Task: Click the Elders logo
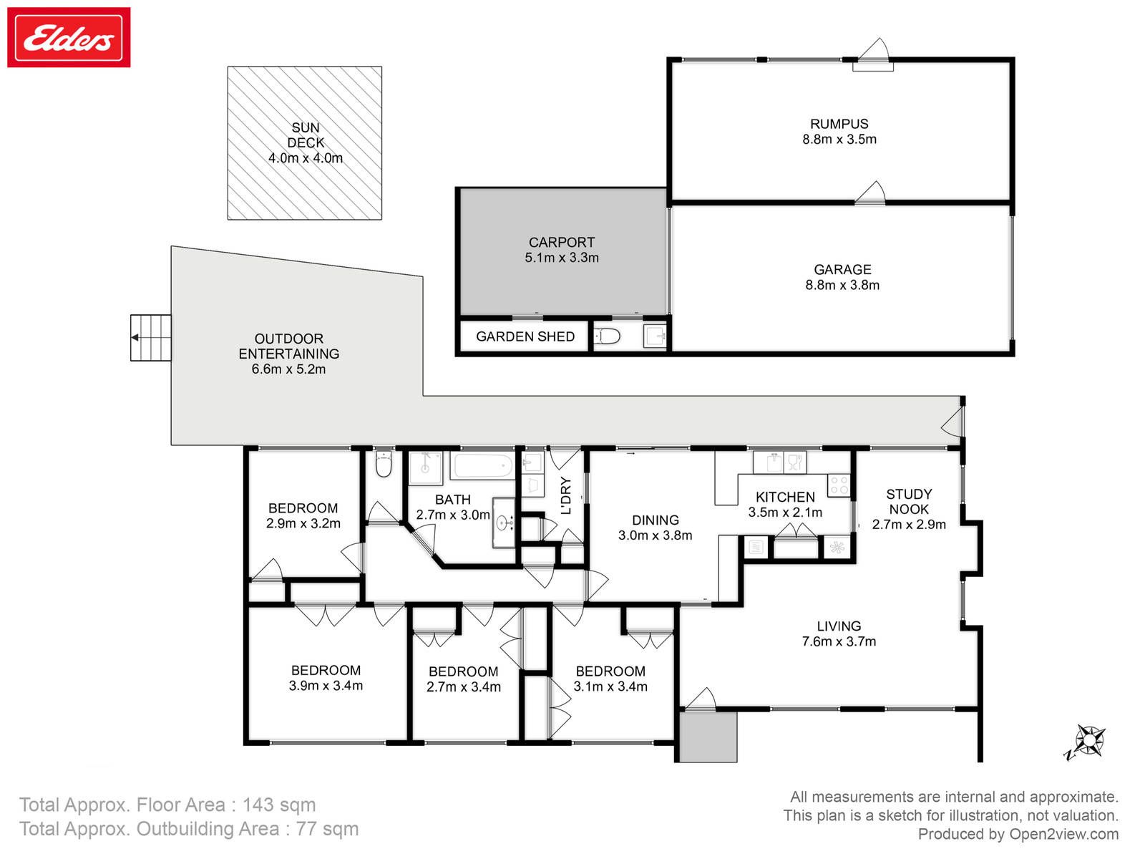coord(68,37)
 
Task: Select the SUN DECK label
coord(306,135)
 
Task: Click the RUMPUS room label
coord(839,124)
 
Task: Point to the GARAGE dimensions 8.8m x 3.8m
coord(842,285)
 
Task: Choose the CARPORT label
coord(561,243)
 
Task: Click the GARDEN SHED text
coord(525,336)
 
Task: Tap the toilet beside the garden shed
coord(607,336)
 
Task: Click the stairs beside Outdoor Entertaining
coord(151,337)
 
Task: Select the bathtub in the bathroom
coord(482,465)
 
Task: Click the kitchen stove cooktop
coord(838,485)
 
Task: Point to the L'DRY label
coord(565,495)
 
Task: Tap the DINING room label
coord(656,520)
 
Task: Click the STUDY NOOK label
coord(909,502)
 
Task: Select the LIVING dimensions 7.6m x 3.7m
coord(839,641)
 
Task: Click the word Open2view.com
coord(1063,835)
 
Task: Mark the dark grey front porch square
coord(708,737)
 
